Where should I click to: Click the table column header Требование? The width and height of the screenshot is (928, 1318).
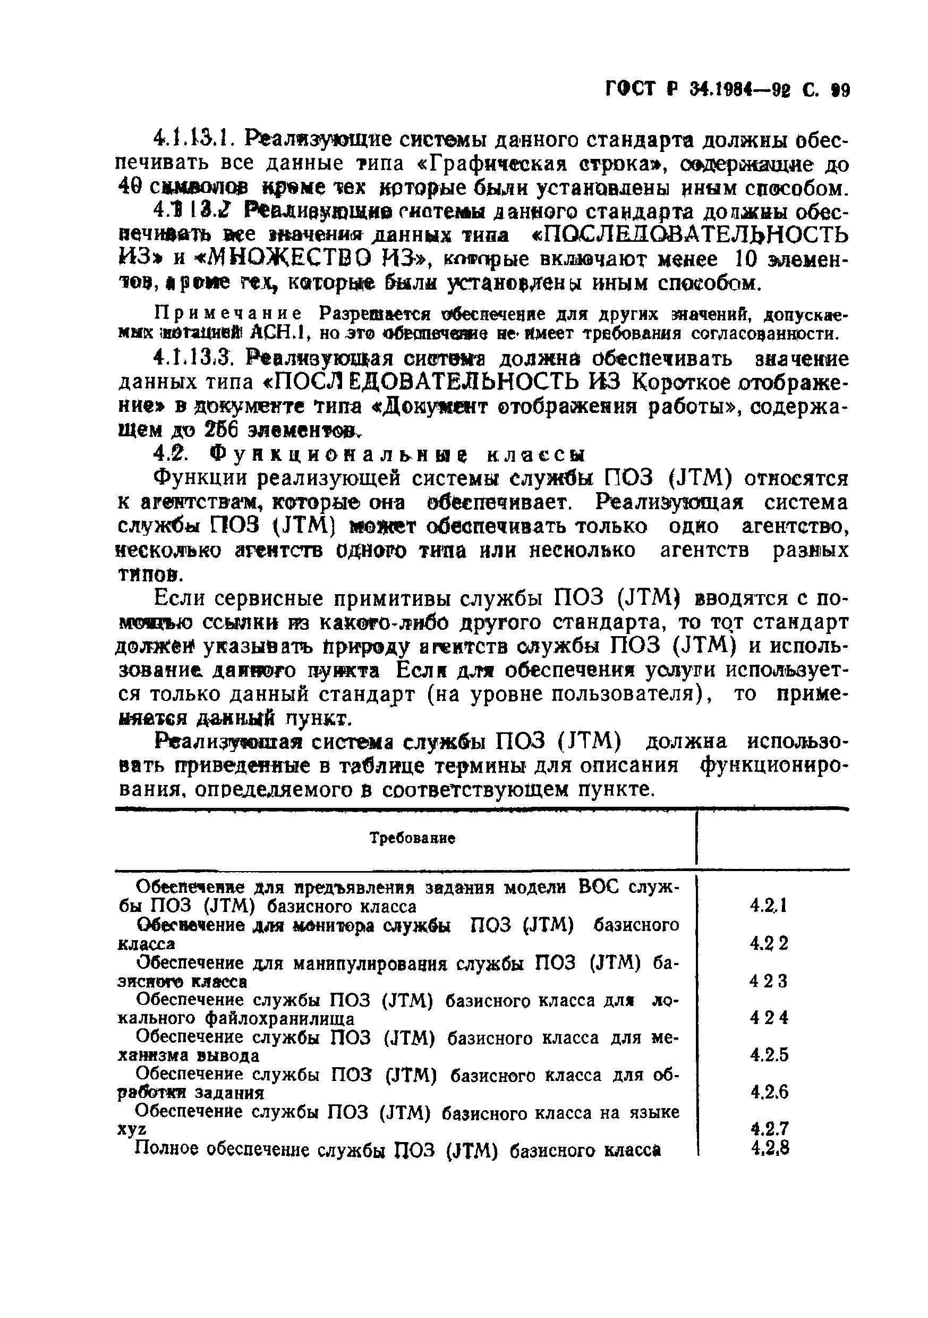coord(412,839)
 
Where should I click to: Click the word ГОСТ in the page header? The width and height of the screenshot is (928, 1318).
coord(629,91)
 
